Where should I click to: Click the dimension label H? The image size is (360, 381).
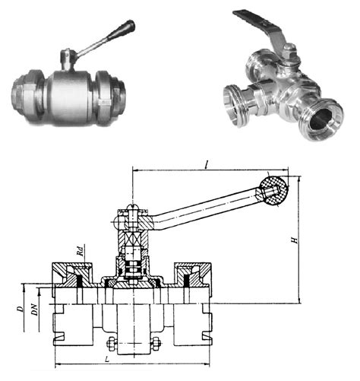click(x=295, y=240)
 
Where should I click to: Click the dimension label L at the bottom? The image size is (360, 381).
click(x=107, y=359)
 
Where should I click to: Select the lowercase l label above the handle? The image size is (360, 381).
click(x=207, y=166)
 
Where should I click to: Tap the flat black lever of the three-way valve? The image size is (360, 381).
click(x=258, y=23)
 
